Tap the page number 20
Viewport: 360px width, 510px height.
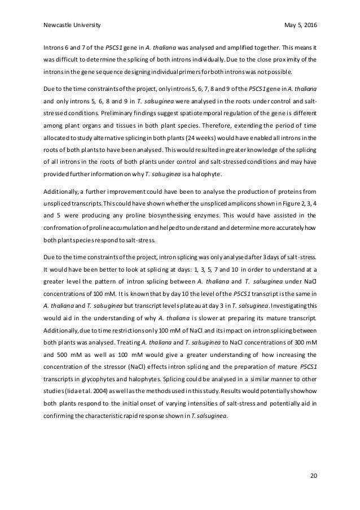click(x=313, y=476)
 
